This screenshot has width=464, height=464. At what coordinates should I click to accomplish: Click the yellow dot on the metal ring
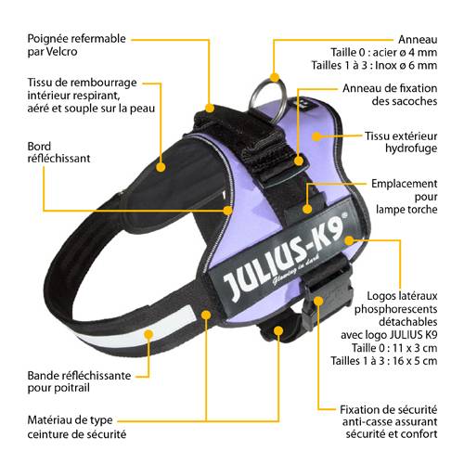coord(275,77)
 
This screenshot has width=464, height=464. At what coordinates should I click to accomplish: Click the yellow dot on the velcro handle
coord(210,108)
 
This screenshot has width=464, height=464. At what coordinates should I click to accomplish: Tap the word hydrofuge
coord(411,148)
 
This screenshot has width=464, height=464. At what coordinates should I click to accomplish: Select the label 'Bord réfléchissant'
coord(58,152)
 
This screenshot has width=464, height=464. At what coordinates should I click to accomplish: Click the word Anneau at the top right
coord(418,39)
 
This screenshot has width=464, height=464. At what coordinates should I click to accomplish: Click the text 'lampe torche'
coord(406,210)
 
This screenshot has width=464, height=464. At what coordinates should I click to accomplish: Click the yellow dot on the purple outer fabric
coord(316,136)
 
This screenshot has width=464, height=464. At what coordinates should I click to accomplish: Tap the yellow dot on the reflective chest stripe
coord(148,334)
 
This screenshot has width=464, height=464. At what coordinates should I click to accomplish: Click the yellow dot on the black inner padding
coord(161,167)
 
